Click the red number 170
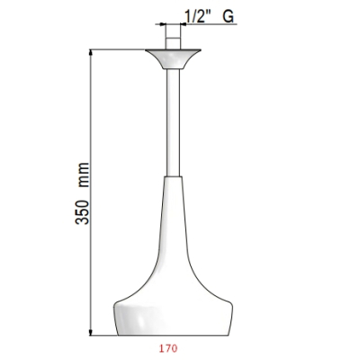tap(168, 348)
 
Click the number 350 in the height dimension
tap(82, 212)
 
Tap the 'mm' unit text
tap(84, 175)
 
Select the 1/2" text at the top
tap(196, 16)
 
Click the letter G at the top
tap(228, 16)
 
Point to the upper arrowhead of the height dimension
tap(91, 53)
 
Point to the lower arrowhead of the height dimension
tap(91, 331)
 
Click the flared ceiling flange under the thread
tap(173, 59)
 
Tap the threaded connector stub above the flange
tap(173, 36)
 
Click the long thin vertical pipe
tap(173, 122)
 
